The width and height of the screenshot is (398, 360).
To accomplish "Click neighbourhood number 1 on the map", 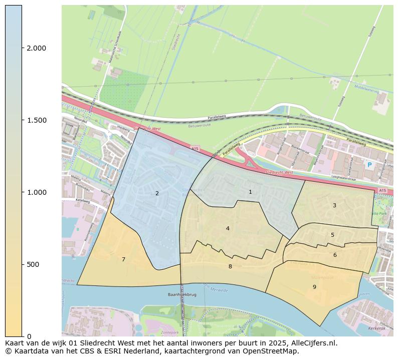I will pyautogui.click(x=250, y=192).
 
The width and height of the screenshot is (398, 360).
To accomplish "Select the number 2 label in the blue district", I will pyautogui.click(x=157, y=193).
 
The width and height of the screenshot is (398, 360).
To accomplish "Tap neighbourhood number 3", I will pyautogui.click(x=334, y=205).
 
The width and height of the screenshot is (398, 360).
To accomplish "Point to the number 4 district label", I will pyautogui.click(x=228, y=228).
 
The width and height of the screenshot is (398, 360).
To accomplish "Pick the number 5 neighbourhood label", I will pyautogui.click(x=332, y=235).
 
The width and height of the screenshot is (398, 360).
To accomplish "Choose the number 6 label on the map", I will pyautogui.click(x=335, y=255).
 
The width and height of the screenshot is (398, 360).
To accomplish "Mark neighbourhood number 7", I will pyautogui.click(x=123, y=259).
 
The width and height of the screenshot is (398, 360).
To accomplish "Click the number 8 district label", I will pyautogui.click(x=230, y=266).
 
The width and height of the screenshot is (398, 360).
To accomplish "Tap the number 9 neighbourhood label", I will pyautogui.click(x=314, y=287).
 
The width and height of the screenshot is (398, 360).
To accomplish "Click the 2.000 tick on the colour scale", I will pyautogui.click(x=37, y=48).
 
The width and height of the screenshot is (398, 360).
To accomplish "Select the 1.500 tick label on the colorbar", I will pyautogui.click(x=37, y=120).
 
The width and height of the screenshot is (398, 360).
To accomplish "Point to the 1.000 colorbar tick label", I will pyautogui.click(x=37, y=192).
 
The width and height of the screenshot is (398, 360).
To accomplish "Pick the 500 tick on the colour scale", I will pyautogui.click(x=33, y=264).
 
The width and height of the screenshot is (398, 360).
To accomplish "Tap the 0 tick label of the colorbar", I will pyautogui.click(x=29, y=336).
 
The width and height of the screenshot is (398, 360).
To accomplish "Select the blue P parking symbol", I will pyautogui.click(x=369, y=165).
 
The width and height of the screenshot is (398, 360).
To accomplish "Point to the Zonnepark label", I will pyautogui.click(x=169, y=332).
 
